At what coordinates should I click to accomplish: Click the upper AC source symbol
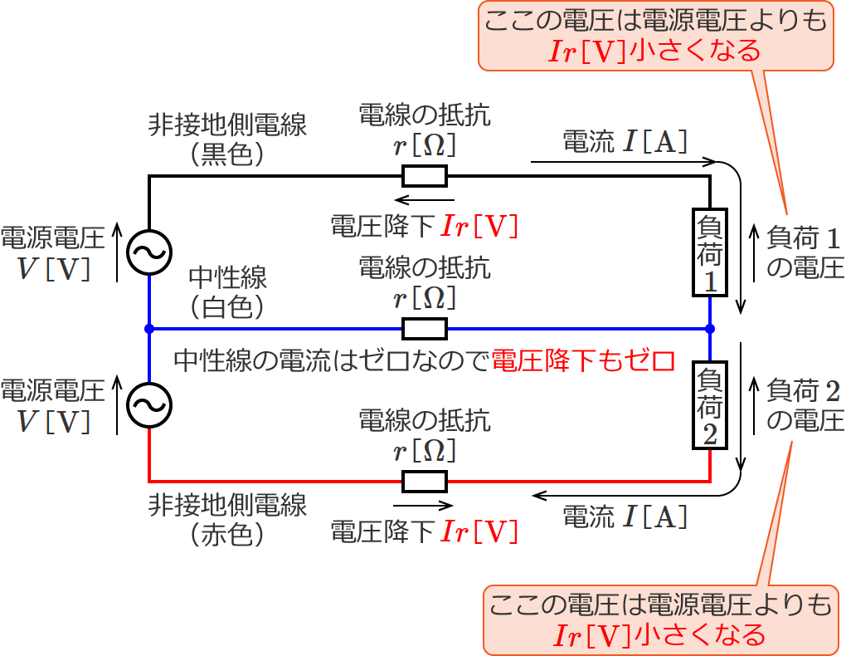pos(148,252)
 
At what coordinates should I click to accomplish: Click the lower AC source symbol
pos(148,404)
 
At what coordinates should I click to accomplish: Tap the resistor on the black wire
pos(425,176)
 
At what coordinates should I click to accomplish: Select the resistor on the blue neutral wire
pos(425,329)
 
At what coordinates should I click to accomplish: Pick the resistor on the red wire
pos(425,481)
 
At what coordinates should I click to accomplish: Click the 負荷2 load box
pos(710,405)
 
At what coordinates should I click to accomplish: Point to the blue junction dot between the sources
pos(148,329)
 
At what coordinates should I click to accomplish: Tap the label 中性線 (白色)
pos(227,291)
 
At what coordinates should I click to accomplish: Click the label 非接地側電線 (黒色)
pos(227,139)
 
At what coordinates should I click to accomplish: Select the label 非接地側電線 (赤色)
pos(227,519)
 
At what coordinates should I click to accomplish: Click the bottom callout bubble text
pos(659,619)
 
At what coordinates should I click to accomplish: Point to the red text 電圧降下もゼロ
pos(580,360)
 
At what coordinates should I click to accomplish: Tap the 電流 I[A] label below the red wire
pos(625,517)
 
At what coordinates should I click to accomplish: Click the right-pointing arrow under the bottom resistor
pos(424,505)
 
